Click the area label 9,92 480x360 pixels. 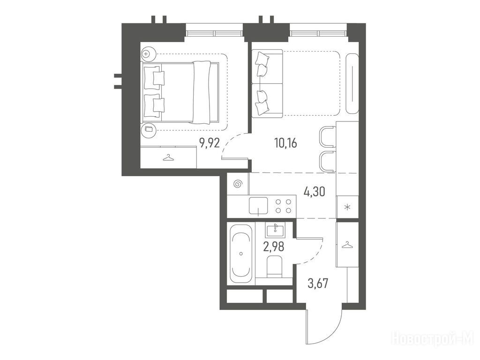click(210, 142)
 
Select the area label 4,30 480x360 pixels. click(315, 192)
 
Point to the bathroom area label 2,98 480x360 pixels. click(274, 246)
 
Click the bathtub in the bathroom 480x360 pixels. click(241, 254)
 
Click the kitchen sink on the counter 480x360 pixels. click(258, 205)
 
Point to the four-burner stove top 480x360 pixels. click(284, 206)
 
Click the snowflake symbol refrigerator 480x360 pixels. click(347, 207)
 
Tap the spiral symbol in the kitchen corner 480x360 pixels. click(238, 184)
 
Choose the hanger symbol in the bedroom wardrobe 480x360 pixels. click(168, 157)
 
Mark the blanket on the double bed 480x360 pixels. click(202, 92)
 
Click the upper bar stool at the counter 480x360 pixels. click(327, 137)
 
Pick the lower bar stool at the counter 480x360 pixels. click(327, 162)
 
